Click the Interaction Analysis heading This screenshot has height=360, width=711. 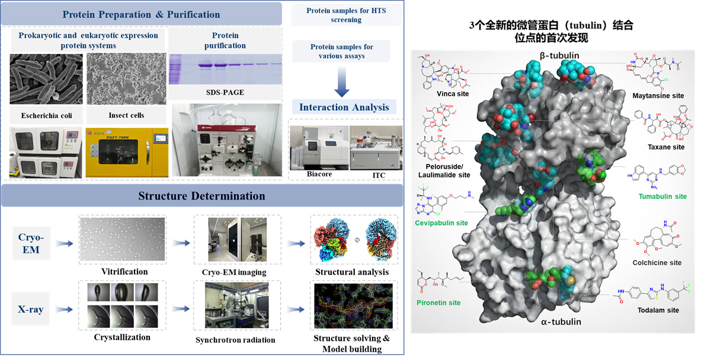point(344,107)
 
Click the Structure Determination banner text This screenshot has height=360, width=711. point(202,196)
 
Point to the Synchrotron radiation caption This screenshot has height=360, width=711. point(235,340)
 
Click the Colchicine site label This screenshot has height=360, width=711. point(658,262)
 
